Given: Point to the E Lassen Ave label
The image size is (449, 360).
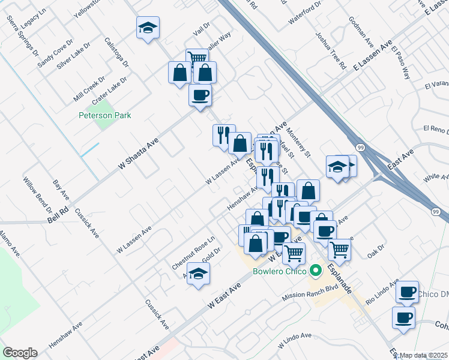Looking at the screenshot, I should click(372, 57).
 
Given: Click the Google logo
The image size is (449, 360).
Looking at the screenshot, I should click(20, 353).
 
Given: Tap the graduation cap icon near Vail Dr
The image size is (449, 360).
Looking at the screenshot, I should click(148, 28).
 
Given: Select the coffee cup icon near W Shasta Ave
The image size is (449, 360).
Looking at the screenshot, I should click(200, 95).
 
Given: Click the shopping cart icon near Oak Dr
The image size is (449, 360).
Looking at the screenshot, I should click(339, 248).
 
